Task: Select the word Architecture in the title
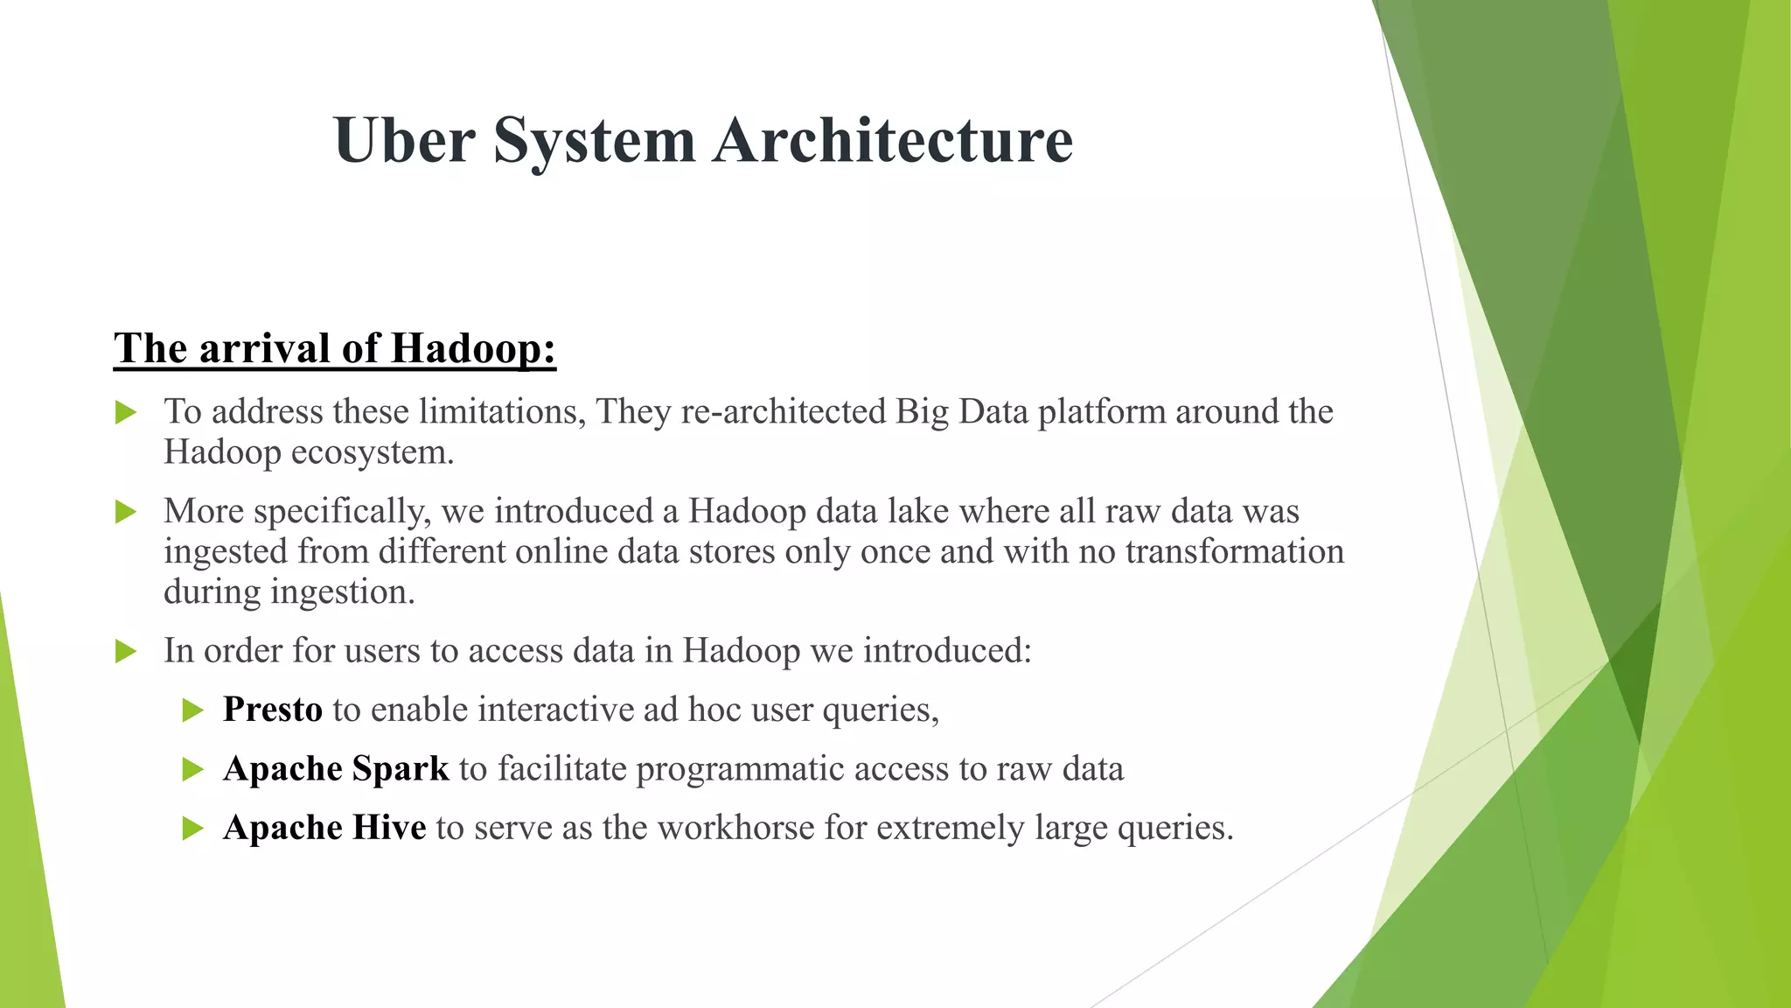pyautogui.click(x=893, y=140)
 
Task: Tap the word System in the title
pyautogui.click(x=595, y=142)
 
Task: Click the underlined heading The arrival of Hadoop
pyautogui.click(x=335, y=348)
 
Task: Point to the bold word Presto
pyautogui.click(x=273, y=709)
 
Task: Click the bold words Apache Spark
pyautogui.click(x=336, y=768)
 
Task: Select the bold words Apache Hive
pyautogui.click(x=324, y=827)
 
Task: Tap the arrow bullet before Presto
pyautogui.click(x=192, y=710)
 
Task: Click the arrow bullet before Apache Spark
pyautogui.click(x=192, y=769)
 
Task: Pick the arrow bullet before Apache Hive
pyautogui.click(x=192, y=828)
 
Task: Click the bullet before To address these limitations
pyautogui.click(x=126, y=412)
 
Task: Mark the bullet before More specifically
pyautogui.click(x=126, y=512)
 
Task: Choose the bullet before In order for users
pyautogui.click(x=126, y=651)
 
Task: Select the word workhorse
pyautogui.click(x=735, y=827)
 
